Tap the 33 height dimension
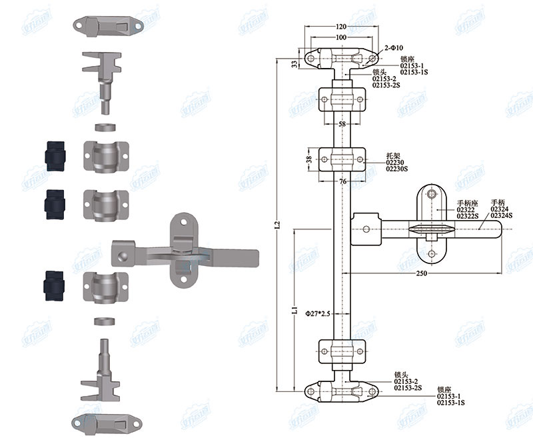coord(294,64)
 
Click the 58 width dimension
coord(342,125)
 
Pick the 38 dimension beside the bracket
coord(309,159)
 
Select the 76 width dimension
coord(342,181)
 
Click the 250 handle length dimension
coord(421,273)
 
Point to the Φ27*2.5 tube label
coord(318,313)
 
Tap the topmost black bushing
coord(54,156)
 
